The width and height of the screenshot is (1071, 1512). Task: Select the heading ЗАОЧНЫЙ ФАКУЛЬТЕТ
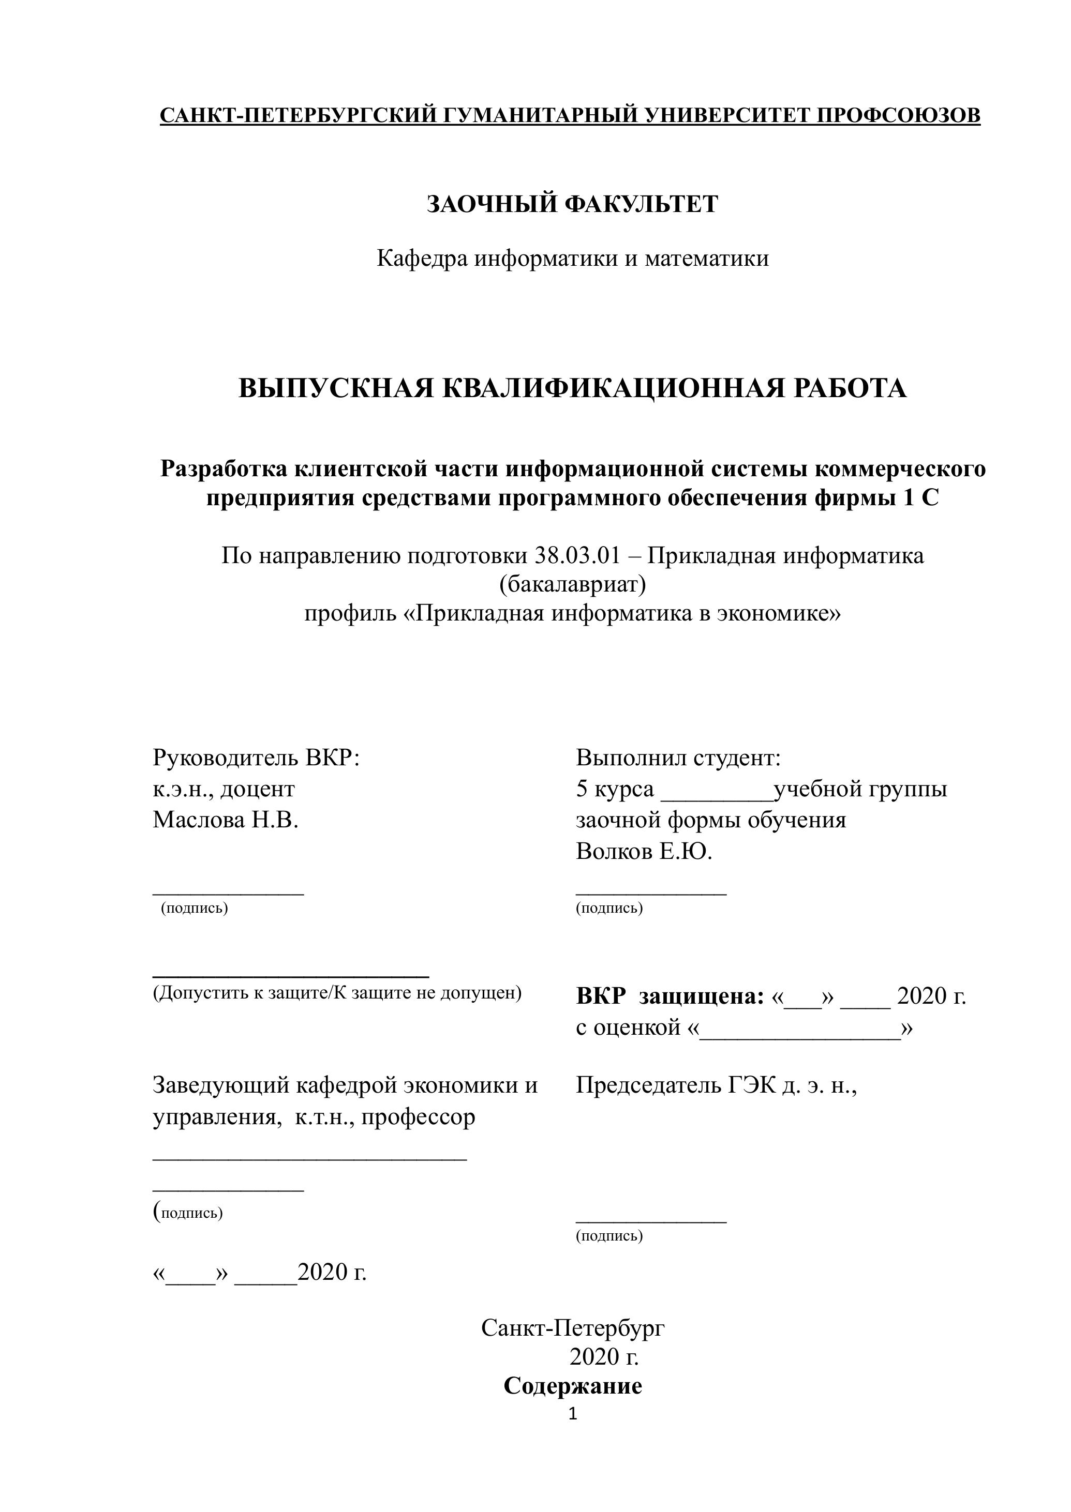tap(572, 205)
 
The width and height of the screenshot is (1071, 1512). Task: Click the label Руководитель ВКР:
tap(257, 758)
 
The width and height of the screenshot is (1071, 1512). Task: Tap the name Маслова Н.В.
tap(226, 820)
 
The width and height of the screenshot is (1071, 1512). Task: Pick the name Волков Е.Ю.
tap(644, 852)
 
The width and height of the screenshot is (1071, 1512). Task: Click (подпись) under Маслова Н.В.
tap(195, 908)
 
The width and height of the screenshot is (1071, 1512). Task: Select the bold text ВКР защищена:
tap(670, 996)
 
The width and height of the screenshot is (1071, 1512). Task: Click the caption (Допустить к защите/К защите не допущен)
tap(337, 993)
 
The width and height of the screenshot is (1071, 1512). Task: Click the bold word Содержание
tap(572, 1386)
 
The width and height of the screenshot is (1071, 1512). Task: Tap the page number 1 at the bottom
tap(572, 1414)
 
